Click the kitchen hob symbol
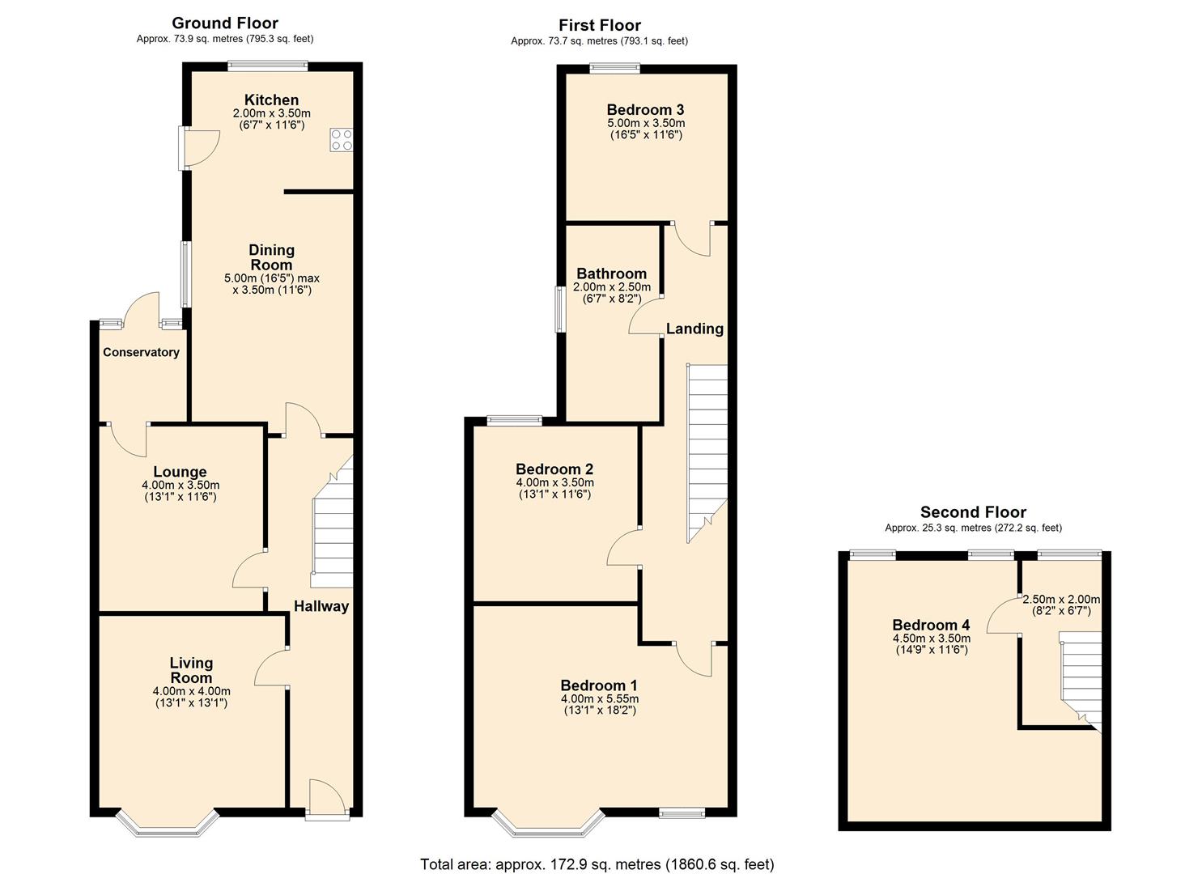(x=341, y=139)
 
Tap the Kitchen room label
(x=271, y=100)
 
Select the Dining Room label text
(x=271, y=257)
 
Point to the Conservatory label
(x=141, y=352)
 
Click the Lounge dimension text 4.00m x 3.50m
(x=180, y=486)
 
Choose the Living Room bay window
(x=168, y=823)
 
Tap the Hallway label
(x=321, y=606)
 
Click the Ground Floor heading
(x=225, y=23)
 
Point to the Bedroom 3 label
(x=645, y=109)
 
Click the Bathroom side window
(x=559, y=308)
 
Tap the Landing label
(x=694, y=329)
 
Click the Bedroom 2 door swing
(x=623, y=549)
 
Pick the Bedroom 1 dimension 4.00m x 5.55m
(x=599, y=699)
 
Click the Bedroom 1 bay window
(x=550, y=823)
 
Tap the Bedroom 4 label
(x=931, y=625)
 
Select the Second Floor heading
(x=973, y=512)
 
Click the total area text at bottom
(x=597, y=864)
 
